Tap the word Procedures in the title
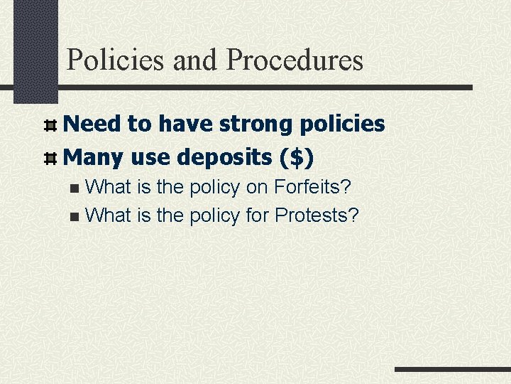(x=295, y=60)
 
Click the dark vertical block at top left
(x=36, y=50)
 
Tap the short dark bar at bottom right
(x=452, y=370)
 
